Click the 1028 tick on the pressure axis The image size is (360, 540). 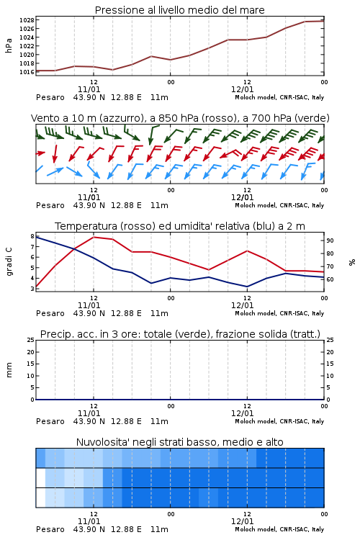27,20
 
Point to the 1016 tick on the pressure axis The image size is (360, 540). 27,72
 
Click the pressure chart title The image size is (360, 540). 180,10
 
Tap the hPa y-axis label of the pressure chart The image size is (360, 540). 9,45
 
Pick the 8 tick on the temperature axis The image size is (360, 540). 32,237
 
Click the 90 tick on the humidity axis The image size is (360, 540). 330,240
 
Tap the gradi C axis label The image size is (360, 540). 9,261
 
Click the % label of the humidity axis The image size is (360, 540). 352,262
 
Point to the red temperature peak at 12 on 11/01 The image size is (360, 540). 94,237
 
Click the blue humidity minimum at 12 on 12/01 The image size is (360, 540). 247,287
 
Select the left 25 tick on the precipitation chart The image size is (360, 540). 31,340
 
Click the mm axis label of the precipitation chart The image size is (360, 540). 9,370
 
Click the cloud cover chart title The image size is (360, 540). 180,442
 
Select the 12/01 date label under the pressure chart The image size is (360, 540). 242,89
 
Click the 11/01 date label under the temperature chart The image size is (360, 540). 89,305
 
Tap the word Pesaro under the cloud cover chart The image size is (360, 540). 50,529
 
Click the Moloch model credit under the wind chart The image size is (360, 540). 279,205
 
